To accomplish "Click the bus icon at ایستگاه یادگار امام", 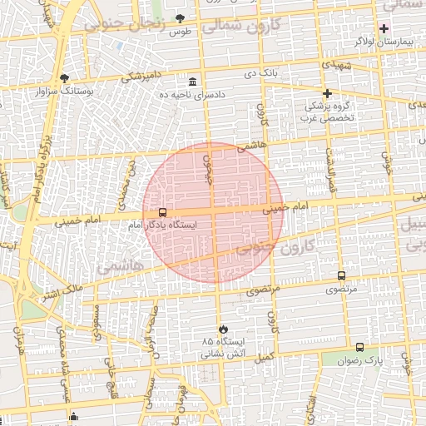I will (162, 212).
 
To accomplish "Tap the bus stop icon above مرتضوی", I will (341, 275).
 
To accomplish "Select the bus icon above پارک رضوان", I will (359, 347).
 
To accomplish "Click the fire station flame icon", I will (222, 329).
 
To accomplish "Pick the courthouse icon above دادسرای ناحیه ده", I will (193, 82).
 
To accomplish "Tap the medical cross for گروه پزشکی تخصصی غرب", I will (328, 93).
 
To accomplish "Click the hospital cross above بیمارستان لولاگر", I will (384, 28).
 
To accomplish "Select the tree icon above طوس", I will (180, 17).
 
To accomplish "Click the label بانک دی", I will (260, 74).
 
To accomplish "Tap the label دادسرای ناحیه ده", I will (194, 96).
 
